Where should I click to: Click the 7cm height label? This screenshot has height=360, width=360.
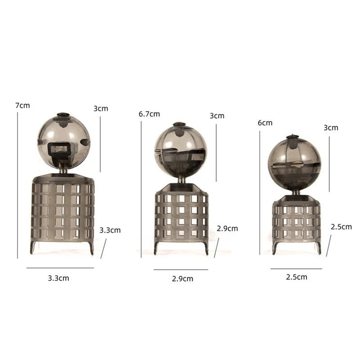click(x=22, y=106)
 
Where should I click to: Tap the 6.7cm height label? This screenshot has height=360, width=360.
click(x=149, y=114)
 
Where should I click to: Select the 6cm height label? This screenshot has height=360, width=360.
click(x=265, y=123)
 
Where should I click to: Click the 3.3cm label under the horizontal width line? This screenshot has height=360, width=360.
click(x=58, y=278)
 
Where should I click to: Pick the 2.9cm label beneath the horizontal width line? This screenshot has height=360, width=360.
click(x=183, y=279)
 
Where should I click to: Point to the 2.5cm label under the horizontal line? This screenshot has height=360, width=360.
click(x=297, y=277)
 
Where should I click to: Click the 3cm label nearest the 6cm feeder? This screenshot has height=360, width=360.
click(x=331, y=128)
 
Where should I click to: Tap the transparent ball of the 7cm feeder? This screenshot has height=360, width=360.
click(x=63, y=142)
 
